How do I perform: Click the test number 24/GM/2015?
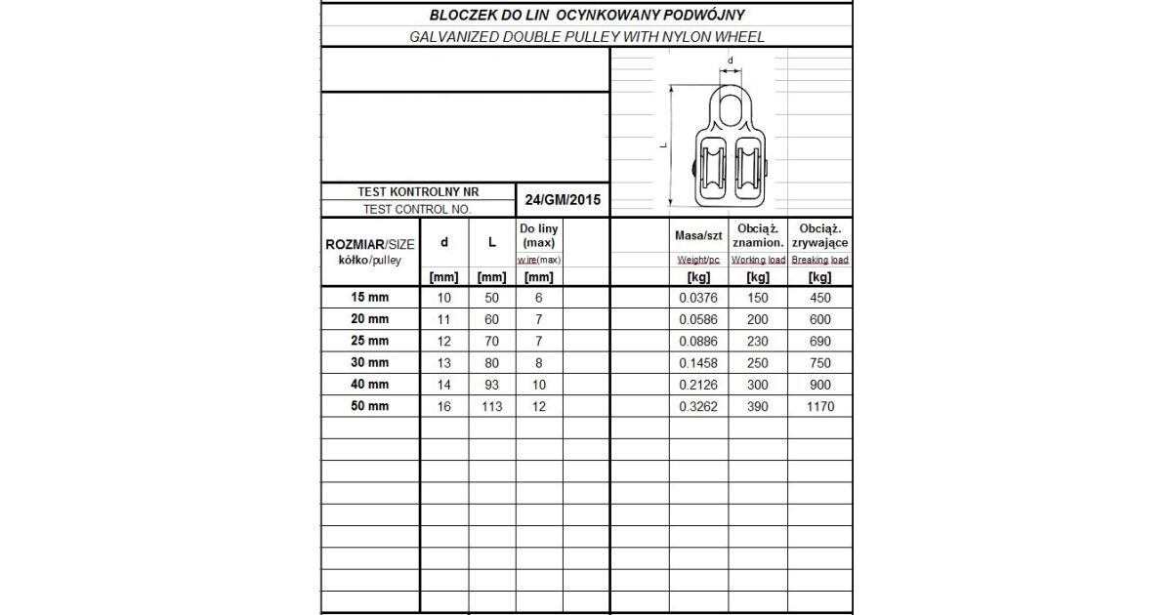click(x=562, y=200)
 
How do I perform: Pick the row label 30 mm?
click(x=369, y=363)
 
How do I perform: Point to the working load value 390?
click(x=758, y=406)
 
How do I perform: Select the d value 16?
click(x=444, y=406)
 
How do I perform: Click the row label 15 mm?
click(x=369, y=298)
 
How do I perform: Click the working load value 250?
click(x=758, y=363)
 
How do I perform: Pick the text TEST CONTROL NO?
click(x=417, y=209)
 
